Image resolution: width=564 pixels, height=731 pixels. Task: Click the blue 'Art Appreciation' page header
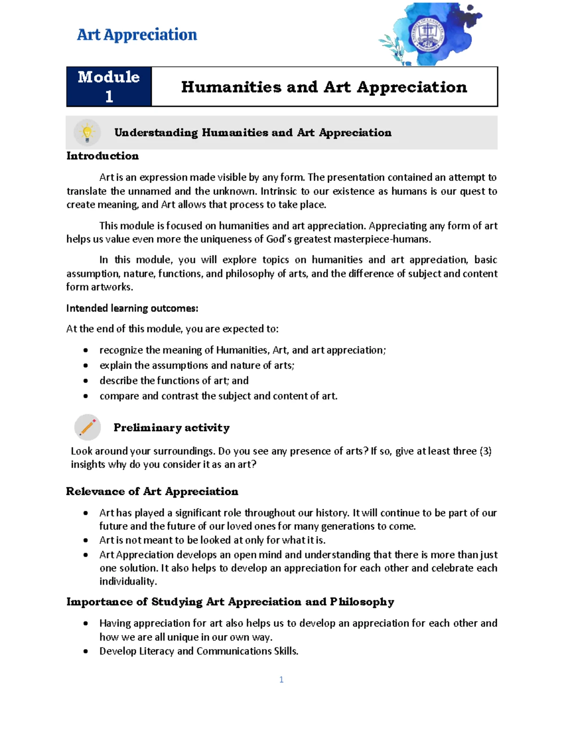pyautogui.click(x=137, y=35)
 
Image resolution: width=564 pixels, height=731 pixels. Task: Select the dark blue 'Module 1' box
pyautogui.click(x=109, y=87)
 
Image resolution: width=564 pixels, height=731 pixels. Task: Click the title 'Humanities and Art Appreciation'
pyautogui.click(x=324, y=87)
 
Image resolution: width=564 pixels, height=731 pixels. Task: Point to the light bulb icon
pyautogui.click(x=87, y=133)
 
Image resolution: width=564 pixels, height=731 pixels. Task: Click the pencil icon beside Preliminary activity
pyautogui.click(x=87, y=427)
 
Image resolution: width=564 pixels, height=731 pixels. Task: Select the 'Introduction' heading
pyautogui.click(x=102, y=156)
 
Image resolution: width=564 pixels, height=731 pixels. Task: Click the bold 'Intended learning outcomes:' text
pyautogui.click(x=132, y=308)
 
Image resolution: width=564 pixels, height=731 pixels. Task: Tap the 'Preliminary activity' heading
pyautogui.click(x=172, y=427)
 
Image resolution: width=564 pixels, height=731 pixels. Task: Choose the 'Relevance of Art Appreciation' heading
pyautogui.click(x=152, y=491)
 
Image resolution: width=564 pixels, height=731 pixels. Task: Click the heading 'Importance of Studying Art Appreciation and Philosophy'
pyautogui.click(x=230, y=602)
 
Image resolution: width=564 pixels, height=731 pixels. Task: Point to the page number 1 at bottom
pyautogui.click(x=281, y=679)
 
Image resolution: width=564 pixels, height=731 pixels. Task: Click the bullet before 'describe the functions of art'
pyautogui.click(x=86, y=381)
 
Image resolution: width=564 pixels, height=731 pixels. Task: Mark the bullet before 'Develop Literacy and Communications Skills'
pyautogui.click(x=86, y=651)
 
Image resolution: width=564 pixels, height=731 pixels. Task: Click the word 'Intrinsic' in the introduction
pyautogui.click(x=278, y=191)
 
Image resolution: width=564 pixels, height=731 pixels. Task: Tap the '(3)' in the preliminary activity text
pyautogui.click(x=485, y=451)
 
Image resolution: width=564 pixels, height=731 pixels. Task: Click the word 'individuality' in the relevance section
pyautogui.click(x=127, y=581)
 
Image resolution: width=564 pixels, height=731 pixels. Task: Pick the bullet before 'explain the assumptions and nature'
pyautogui.click(x=86, y=366)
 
